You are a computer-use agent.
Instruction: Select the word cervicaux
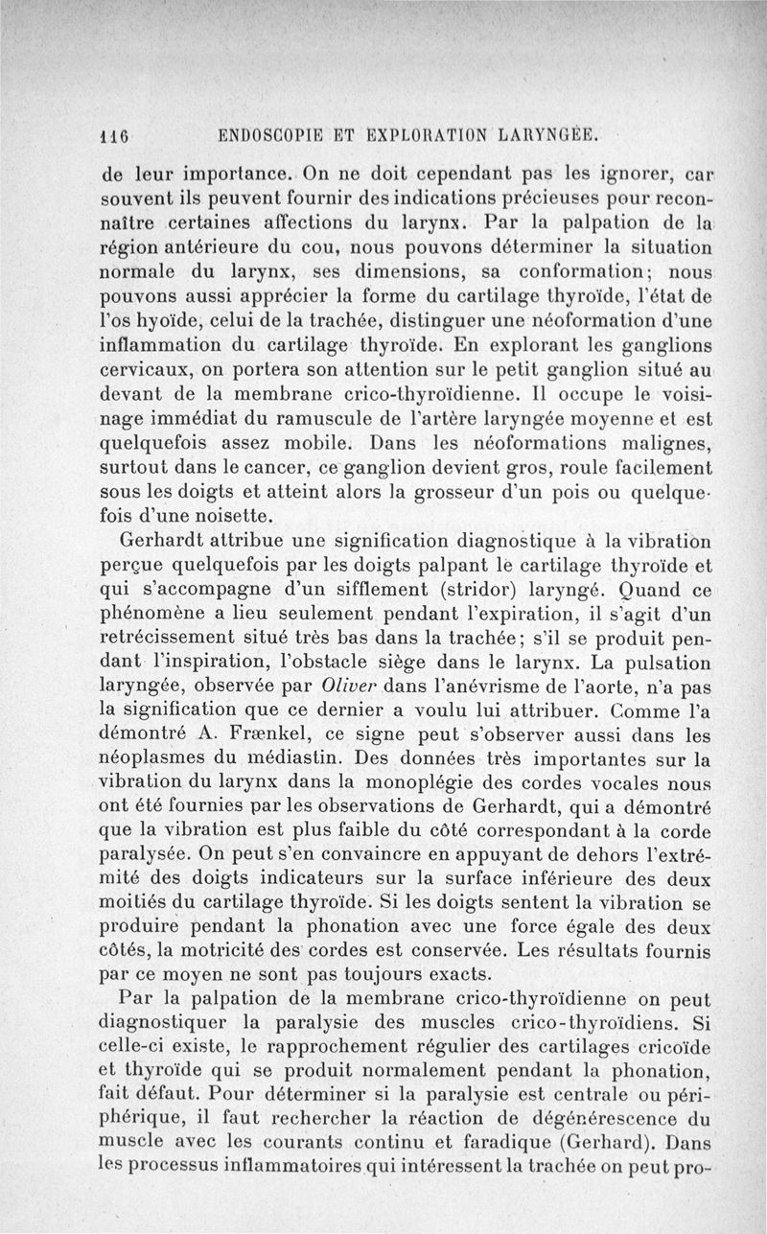point(145,369)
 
